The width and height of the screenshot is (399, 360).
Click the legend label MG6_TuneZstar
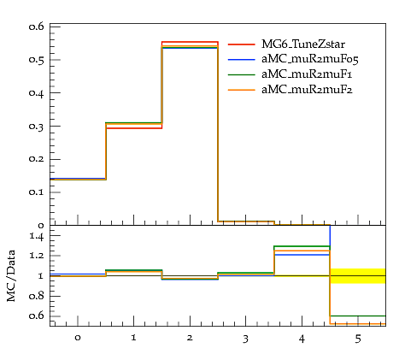(303, 44)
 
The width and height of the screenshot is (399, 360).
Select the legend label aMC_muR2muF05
(310, 59)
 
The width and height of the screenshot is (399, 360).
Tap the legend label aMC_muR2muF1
(307, 74)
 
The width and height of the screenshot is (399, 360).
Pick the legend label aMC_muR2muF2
(307, 90)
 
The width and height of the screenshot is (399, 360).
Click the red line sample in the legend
(242, 44)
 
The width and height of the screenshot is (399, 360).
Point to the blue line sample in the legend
(242, 59)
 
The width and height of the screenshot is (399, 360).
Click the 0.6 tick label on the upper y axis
(37, 27)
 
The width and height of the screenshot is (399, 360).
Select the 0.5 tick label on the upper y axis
(37, 60)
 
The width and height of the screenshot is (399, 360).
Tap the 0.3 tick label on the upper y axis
(37, 127)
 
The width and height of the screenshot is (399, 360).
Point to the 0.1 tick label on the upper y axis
(37, 192)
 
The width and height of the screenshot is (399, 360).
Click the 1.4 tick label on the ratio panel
(37, 236)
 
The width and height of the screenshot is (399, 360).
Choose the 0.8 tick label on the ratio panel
(37, 296)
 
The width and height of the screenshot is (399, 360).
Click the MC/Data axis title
(11, 276)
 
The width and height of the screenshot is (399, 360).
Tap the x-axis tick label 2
(190, 338)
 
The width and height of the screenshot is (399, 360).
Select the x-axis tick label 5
(358, 339)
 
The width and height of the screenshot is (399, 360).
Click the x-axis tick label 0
(78, 338)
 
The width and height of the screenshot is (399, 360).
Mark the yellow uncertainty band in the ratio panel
(358, 276)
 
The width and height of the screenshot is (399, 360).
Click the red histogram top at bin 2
(190, 42)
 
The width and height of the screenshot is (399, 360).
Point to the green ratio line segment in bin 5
(358, 316)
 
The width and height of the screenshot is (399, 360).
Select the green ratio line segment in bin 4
(302, 246)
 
